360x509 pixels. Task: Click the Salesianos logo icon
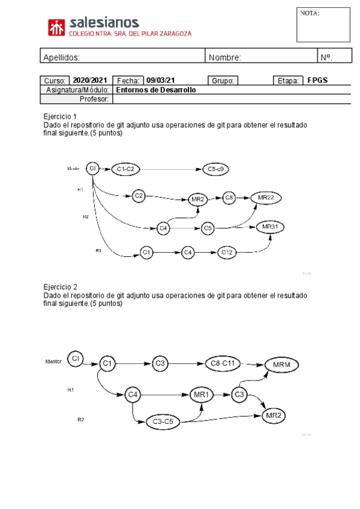coord(57,28)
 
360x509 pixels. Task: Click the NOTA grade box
coord(323,25)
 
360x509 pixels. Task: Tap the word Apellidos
coord(61,58)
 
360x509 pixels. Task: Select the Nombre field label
coord(224,58)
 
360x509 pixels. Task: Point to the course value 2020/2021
coord(89,80)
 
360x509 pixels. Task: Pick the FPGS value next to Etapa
coord(317,80)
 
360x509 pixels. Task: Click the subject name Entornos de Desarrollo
coord(155,89)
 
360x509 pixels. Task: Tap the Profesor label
coord(94,99)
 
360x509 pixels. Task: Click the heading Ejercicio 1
coord(60,116)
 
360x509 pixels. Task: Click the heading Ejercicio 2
coord(60,287)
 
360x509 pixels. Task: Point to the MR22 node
coord(266,197)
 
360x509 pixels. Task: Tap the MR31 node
coord(270,227)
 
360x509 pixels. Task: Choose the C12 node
coord(227,253)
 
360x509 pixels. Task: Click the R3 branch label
coord(98,250)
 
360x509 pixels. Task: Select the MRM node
coord(281,364)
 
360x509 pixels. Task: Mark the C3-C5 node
coord(163,421)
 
